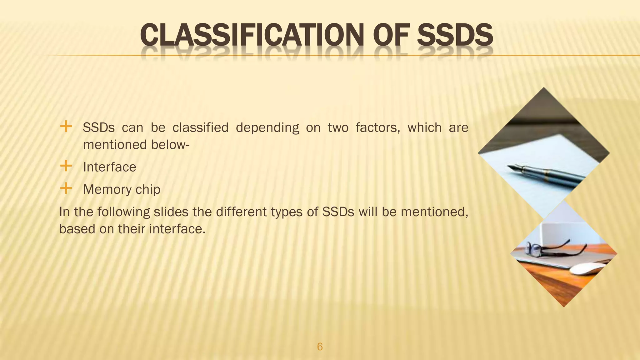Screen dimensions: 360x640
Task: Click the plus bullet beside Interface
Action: pos(66,166)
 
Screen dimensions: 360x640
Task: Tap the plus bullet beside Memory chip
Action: pos(66,188)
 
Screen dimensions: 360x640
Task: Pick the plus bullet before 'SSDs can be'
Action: pos(66,127)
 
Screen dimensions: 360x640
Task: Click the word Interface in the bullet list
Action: pos(109,167)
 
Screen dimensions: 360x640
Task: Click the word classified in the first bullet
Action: pos(200,127)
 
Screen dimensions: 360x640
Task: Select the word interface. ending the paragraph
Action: pos(177,229)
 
